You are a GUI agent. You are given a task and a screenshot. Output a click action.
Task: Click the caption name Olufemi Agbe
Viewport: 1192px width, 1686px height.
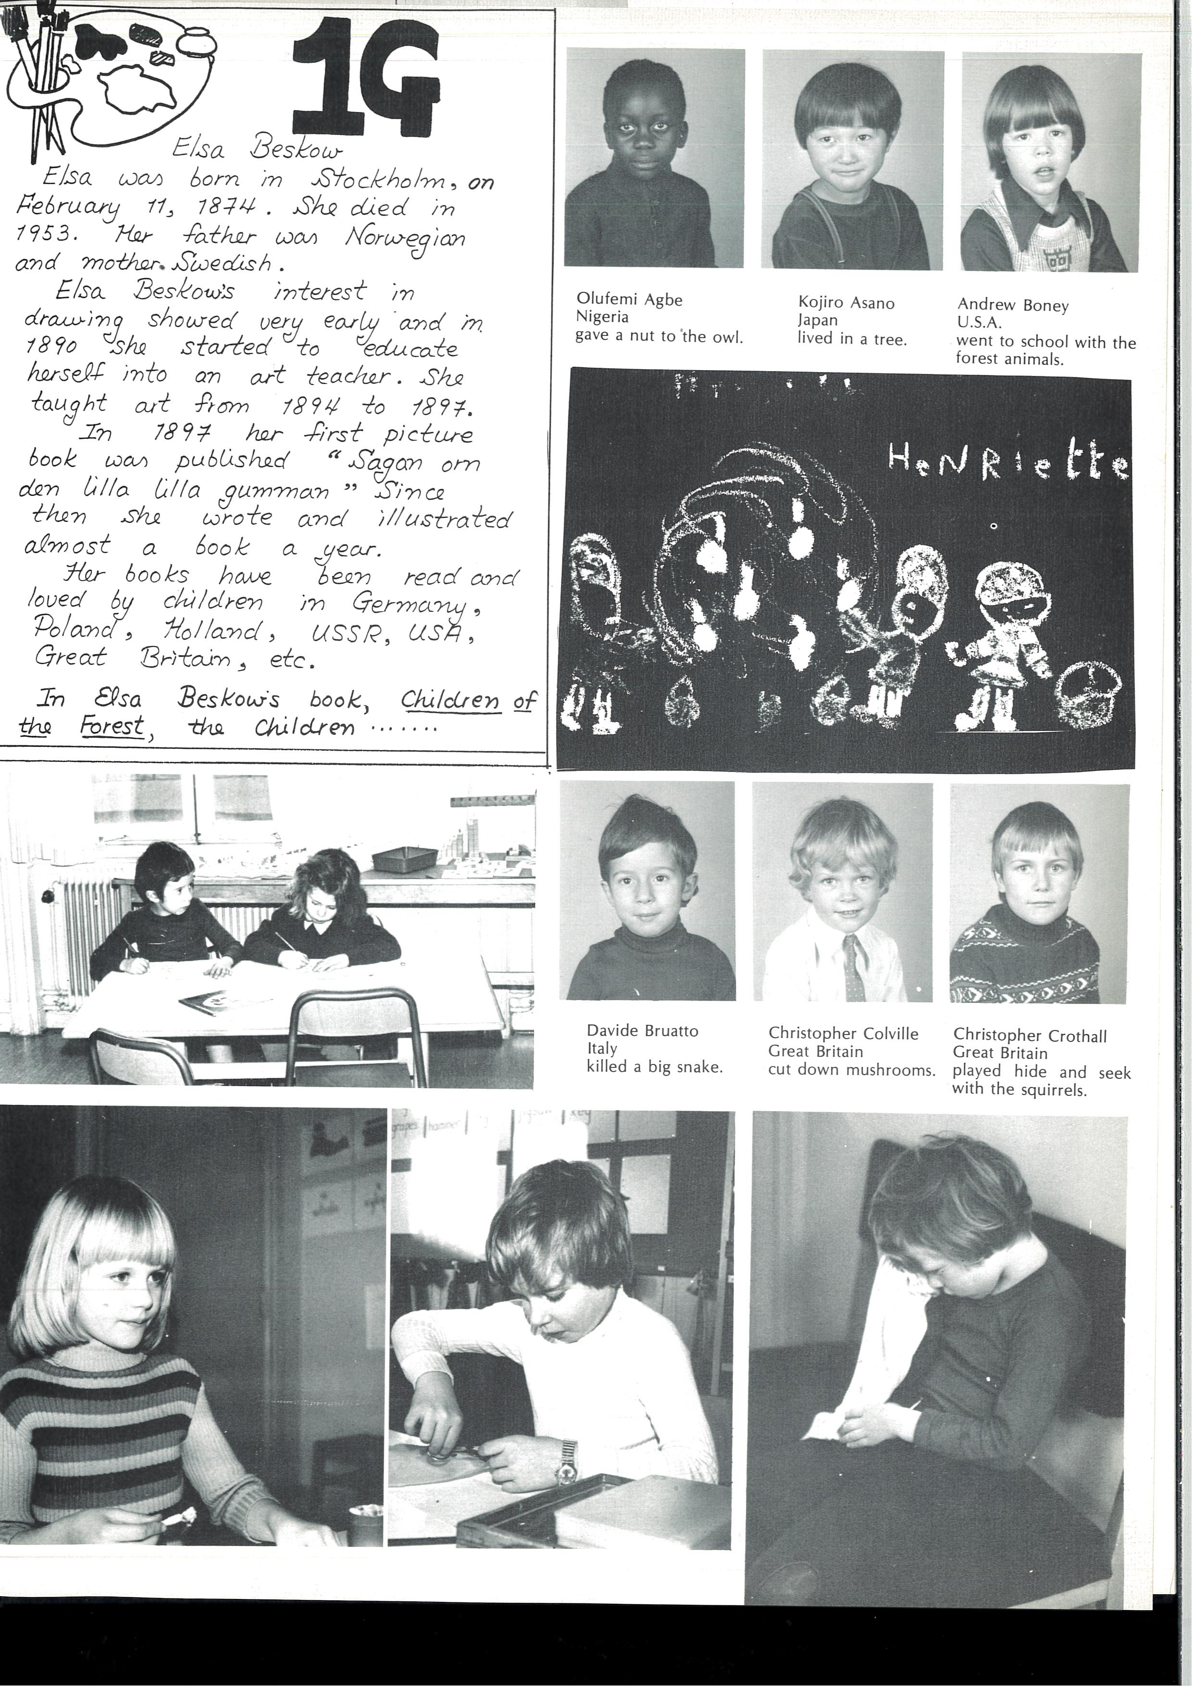pyautogui.click(x=630, y=299)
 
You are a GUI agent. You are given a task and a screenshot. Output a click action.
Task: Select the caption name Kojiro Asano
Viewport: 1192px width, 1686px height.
pyautogui.click(x=846, y=302)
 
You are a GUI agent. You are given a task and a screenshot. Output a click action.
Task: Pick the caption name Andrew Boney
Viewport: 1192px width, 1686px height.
pyautogui.click(x=1012, y=306)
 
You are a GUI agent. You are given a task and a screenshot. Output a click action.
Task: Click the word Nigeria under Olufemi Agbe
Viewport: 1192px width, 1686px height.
pyautogui.click(x=602, y=317)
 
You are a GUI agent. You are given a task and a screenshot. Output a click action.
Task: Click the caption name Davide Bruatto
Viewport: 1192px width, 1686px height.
pyautogui.click(x=642, y=1031)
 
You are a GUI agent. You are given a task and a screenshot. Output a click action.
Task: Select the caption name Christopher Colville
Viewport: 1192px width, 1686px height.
pyautogui.click(x=843, y=1034)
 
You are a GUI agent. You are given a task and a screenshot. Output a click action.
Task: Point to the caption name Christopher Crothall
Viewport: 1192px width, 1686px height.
pyautogui.click(x=1030, y=1036)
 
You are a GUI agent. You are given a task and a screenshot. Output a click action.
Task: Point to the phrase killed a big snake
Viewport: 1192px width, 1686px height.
pyautogui.click(x=654, y=1067)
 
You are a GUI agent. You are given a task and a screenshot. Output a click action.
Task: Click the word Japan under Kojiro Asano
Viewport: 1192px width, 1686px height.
pyautogui.click(x=818, y=320)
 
